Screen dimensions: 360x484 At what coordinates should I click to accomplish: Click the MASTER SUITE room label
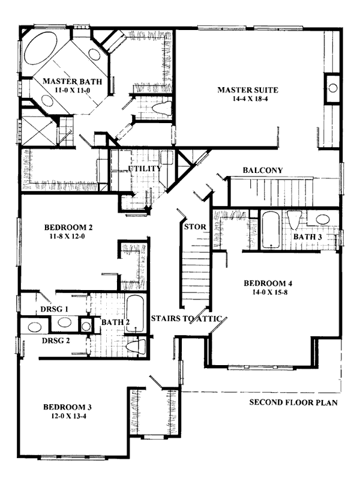(248, 90)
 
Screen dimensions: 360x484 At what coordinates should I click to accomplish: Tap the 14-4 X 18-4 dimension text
(248, 100)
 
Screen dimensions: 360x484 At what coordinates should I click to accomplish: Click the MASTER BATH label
(72, 82)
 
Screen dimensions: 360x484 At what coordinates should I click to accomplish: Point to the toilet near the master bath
(162, 109)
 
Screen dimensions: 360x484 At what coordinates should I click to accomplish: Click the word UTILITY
(145, 169)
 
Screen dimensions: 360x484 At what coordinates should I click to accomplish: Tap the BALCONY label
(263, 171)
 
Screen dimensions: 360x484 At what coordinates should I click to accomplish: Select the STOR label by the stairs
(195, 227)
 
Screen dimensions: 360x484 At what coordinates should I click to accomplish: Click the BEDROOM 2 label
(68, 228)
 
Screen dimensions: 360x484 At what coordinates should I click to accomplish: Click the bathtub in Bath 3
(271, 230)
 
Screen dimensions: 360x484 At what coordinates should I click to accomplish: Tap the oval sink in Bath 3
(323, 219)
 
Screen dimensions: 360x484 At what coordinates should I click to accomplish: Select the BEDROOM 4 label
(268, 283)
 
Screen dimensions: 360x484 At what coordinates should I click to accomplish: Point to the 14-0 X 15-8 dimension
(270, 292)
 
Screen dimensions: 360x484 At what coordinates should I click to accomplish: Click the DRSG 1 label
(55, 309)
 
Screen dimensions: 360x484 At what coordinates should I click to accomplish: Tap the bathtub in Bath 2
(135, 314)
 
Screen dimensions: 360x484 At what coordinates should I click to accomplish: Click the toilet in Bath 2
(136, 346)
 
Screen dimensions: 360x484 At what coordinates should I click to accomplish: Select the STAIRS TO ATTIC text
(187, 318)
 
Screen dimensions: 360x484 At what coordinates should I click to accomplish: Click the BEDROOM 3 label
(67, 407)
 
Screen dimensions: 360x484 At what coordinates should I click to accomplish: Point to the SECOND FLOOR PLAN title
(293, 402)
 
